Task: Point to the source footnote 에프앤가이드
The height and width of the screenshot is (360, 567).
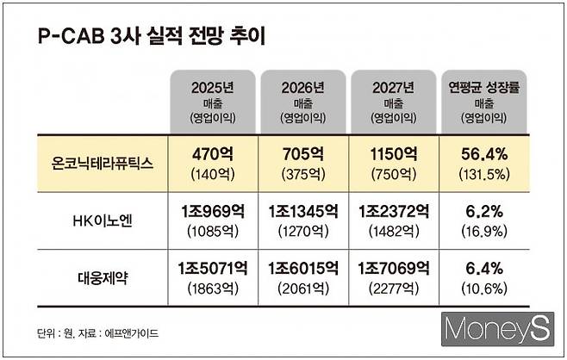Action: coord(128,332)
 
